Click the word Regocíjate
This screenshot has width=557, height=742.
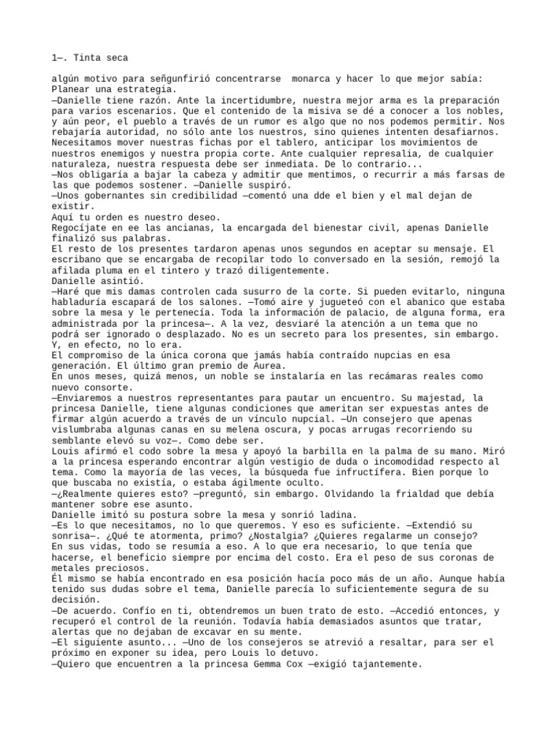coord(80,227)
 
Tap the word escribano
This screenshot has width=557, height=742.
coord(80,259)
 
